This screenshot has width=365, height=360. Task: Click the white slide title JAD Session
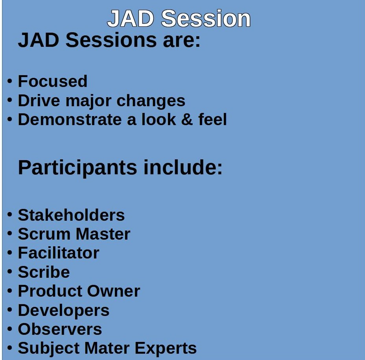(x=179, y=18)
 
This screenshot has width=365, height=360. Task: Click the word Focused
(x=53, y=81)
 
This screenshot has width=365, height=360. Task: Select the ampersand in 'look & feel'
(x=187, y=120)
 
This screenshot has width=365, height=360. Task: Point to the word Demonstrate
(x=70, y=120)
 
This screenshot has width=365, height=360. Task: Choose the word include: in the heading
(x=183, y=167)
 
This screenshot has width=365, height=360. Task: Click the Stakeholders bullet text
(x=71, y=215)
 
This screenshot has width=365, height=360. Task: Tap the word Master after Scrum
(x=103, y=234)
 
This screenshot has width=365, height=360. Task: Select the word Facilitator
(x=59, y=253)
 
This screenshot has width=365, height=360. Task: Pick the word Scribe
(x=44, y=272)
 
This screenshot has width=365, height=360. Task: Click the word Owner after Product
(x=114, y=291)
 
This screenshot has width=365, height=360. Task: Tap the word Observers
(x=60, y=329)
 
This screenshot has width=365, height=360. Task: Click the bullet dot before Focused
(x=9, y=81)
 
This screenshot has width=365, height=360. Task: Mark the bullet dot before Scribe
(x=9, y=271)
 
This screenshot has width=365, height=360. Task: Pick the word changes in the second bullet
(x=151, y=102)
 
